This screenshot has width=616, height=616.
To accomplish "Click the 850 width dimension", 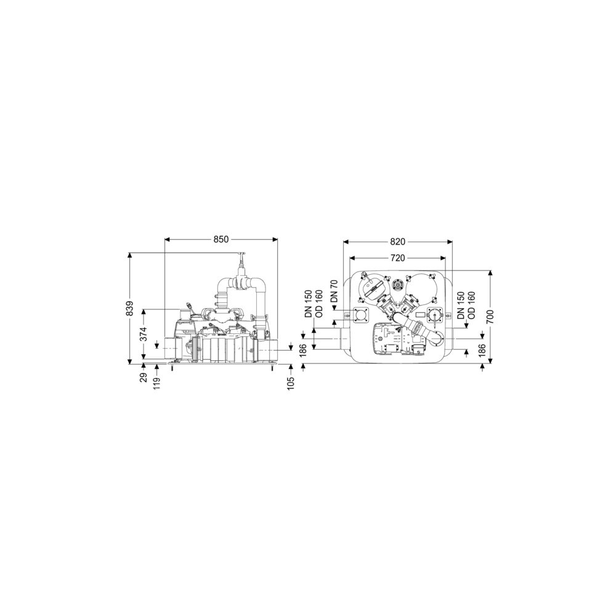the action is coord(221,239).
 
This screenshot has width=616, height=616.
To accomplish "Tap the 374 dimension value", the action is coord(144,334).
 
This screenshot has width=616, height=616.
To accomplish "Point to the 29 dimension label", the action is coord(144,378).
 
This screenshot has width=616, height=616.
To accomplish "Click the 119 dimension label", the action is coord(157,382).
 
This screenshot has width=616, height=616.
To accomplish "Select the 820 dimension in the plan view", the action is coord(397,242).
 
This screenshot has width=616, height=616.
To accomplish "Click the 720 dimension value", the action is coord(397,258).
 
